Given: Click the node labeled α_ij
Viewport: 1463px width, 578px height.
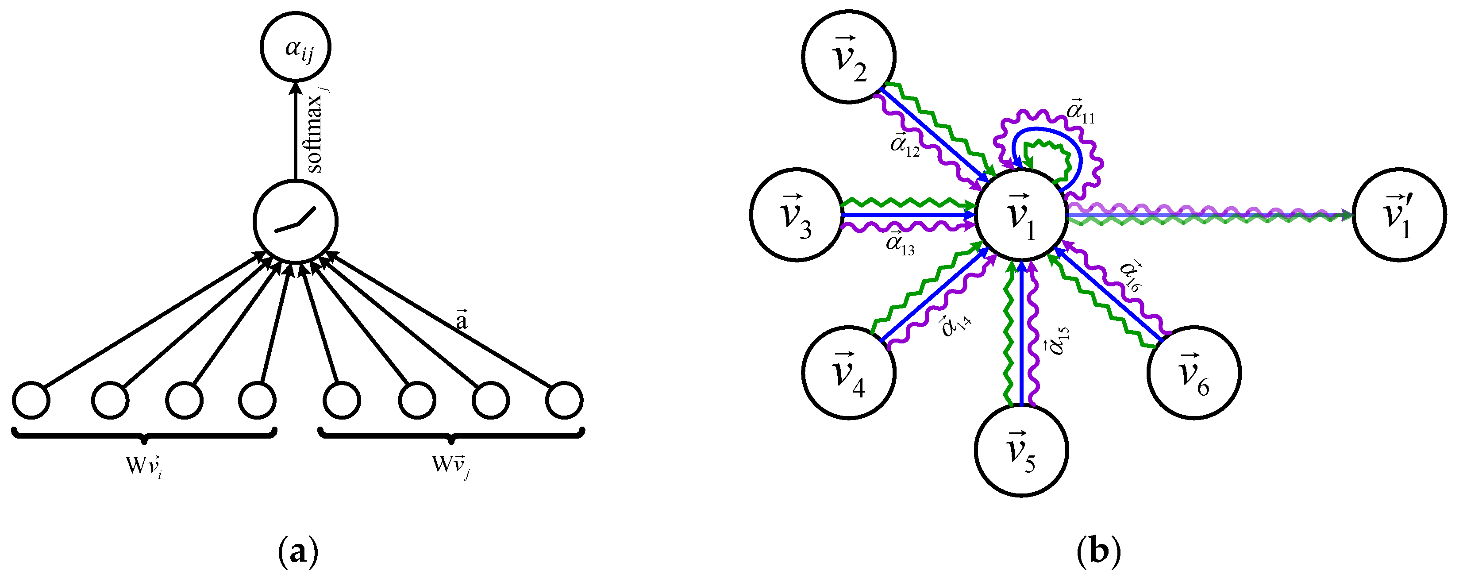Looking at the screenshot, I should coord(295,46).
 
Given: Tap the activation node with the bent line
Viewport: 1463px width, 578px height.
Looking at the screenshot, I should coord(295,221).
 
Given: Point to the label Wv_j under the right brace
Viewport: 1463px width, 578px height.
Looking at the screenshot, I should coord(451,466).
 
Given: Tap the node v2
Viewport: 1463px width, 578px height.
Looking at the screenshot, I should coord(848,57).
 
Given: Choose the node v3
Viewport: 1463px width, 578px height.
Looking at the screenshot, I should coord(796,215).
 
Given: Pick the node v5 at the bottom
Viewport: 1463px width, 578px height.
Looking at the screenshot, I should coord(1021,450).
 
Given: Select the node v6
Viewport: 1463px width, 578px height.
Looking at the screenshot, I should coord(1194,373).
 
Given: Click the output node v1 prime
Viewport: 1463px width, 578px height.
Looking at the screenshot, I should coord(1399,215).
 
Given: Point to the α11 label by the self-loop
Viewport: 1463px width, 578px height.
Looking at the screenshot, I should coord(1080,112).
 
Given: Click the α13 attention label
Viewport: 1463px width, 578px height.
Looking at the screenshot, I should coord(900,245).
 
